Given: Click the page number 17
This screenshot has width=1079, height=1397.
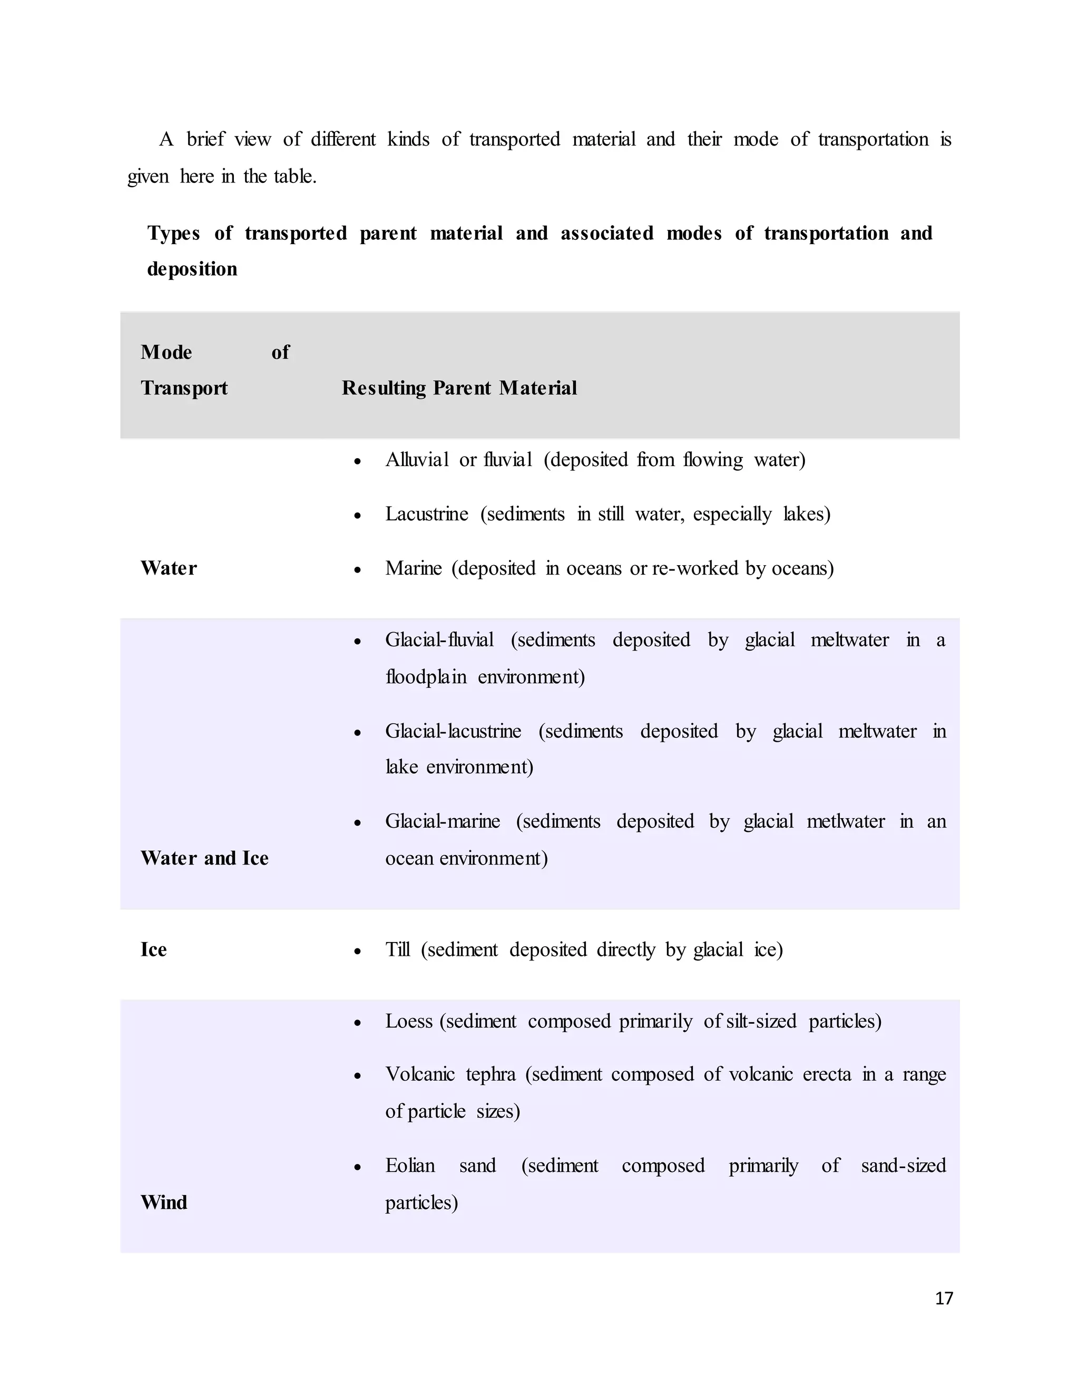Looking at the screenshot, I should (944, 1298).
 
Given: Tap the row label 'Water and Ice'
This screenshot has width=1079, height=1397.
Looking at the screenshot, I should (204, 858).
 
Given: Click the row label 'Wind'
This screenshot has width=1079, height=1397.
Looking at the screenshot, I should (164, 1202).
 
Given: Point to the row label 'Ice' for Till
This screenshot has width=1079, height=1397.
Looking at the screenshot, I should (153, 949).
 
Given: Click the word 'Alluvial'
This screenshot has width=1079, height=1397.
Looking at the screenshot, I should (417, 459).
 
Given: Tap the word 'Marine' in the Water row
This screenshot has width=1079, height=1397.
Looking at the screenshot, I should (413, 568).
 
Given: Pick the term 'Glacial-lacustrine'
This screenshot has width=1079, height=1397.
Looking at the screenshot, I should (453, 731).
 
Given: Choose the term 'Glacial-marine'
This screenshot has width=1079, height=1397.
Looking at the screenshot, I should (443, 821).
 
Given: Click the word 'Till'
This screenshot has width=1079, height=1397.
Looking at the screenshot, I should (398, 949).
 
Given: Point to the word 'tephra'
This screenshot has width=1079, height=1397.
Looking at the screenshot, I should (491, 1074).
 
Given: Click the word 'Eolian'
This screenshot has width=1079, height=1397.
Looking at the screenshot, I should (410, 1165).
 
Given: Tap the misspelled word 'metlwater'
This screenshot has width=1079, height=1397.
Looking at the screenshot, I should (845, 821).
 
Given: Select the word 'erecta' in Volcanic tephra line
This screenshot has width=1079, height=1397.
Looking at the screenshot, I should (827, 1074).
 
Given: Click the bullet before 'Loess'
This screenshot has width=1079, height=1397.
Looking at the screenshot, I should (358, 1023).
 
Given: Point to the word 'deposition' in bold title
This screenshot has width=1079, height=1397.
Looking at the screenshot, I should (192, 269).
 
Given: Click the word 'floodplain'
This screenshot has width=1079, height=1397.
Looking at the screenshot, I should (426, 676).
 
